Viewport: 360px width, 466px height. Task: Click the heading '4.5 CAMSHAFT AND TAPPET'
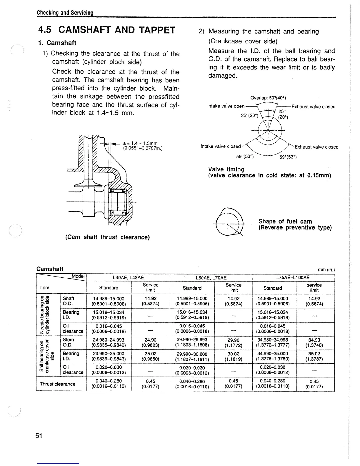coord(107,30)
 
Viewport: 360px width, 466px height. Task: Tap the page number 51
coord(39,436)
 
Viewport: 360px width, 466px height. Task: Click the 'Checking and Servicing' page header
coord(65,13)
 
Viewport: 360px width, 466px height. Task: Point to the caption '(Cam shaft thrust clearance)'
coord(107,237)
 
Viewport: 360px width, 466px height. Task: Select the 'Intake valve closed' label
coord(221,146)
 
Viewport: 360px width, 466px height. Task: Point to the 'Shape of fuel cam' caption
coord(285,221)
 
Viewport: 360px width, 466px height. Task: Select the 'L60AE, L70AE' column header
coord(211,277)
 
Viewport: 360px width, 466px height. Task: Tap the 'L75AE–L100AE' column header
coord(293,277)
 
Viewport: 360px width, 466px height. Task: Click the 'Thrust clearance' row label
coord(57,384)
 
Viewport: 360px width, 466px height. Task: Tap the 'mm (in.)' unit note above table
coord(326,270)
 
